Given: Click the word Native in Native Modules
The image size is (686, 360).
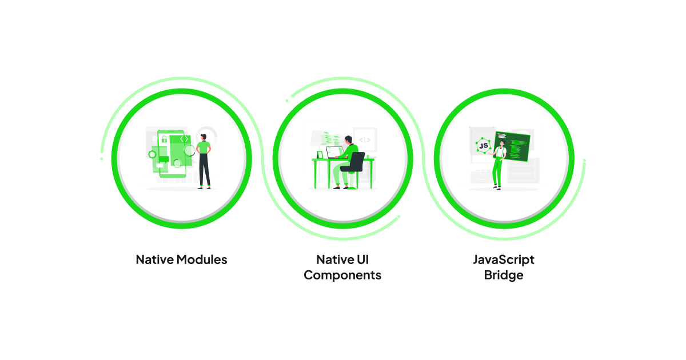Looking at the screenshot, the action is click(155, 260).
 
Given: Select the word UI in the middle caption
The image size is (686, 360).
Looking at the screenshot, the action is click(362, 260).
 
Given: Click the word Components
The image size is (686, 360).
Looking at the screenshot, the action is click(342, 275).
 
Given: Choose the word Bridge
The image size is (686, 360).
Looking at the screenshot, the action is click(504, 275).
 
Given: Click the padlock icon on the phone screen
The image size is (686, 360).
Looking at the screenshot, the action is click(164, 139).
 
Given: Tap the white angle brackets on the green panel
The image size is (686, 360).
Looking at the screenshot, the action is click(184, 139).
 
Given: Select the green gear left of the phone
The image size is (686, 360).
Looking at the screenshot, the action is click(152, 154).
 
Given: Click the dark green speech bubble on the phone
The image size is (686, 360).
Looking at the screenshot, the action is click(163, 159).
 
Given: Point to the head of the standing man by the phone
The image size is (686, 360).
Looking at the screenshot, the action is click(204, 137).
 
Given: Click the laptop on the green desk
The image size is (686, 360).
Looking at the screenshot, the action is click(334, 152).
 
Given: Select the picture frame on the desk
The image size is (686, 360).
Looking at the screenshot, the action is click(320, 155).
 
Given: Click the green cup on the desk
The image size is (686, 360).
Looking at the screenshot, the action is click(368, 157).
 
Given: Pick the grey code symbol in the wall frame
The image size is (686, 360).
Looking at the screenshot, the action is click(365, 140).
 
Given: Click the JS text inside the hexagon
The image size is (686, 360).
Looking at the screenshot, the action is click(484, 146).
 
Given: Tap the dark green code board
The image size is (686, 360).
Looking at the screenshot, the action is click(512, 146).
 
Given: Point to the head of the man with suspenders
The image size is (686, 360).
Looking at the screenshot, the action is click(502, 143).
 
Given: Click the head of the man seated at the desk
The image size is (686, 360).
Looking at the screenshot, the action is click(349, 139).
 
